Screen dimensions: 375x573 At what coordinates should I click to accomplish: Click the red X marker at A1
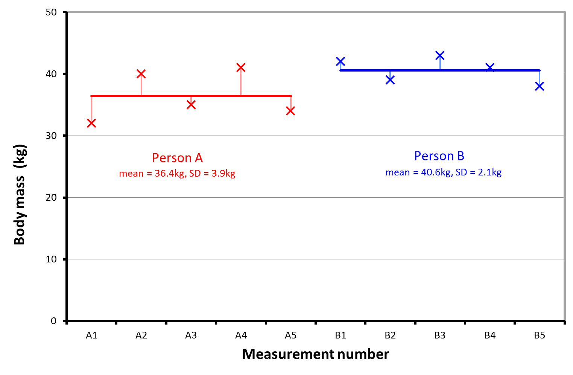[x=91, y=123]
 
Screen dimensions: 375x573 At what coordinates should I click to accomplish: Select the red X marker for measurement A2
[x=141, y=74]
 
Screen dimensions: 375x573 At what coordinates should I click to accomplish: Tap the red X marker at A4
[x=241, y=67]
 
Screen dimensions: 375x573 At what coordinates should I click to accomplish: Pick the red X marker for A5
[x=290, y=111]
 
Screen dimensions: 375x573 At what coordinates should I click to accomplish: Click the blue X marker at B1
[x=340, y=61]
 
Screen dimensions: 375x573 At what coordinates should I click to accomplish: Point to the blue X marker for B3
[x=440, y=55]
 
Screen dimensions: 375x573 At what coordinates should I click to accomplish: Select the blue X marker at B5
[x=540, y=86]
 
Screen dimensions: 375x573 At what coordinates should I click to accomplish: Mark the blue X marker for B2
[x=390, y=80]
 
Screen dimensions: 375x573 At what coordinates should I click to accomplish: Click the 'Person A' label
[x=177, y=158]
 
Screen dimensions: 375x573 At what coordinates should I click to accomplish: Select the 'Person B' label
[x=439, y=156]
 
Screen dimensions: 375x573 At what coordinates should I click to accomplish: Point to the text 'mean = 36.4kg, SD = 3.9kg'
[x=177, y=174]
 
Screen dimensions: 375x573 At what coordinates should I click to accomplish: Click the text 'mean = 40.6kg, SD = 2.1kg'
[x=443, y=172]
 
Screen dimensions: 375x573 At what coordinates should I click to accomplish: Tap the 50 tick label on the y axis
[x=51, y=12]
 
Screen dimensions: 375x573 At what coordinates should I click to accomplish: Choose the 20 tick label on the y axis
[x=51, y=198]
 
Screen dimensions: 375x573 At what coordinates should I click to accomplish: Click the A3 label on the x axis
[x=191, y=335]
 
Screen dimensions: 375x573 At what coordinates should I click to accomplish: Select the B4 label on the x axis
[x=490, y=335]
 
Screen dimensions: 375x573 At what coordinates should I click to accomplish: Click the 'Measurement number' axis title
[x=315, y=354]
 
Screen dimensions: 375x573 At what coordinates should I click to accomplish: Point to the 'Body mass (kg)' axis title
[x=20, y=195]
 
